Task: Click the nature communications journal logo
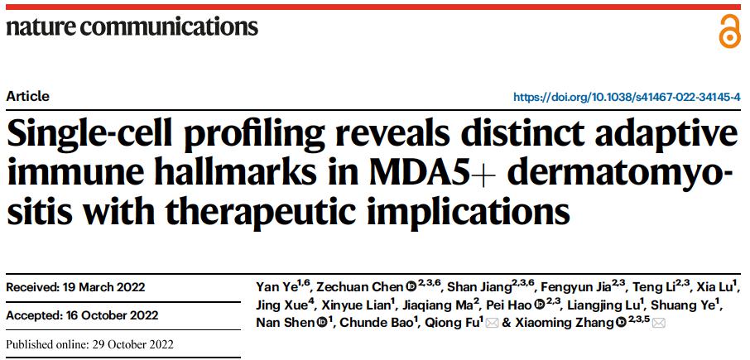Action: tap(132, 26)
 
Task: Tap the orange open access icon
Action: tap(728, 31)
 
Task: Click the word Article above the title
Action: tap(27, 96)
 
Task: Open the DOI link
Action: tap(627, 97)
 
